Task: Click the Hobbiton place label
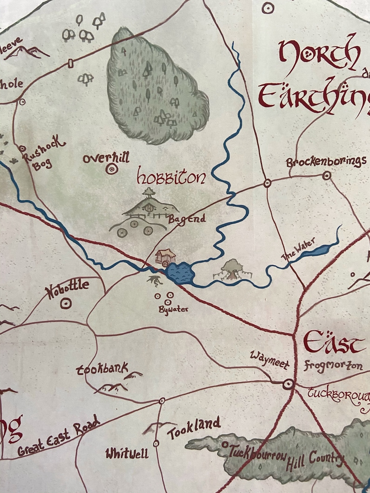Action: point(171,178)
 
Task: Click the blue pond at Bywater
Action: point(179,273)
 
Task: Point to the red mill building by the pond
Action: point(165,257)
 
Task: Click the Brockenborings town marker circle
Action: point(327,176)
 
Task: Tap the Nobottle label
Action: point(67,290)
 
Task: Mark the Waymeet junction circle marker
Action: point(288,384)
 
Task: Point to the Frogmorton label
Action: point(333,365)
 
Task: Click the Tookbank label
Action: point(102,369)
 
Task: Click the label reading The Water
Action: point(298,249)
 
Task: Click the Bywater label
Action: point(173,309)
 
